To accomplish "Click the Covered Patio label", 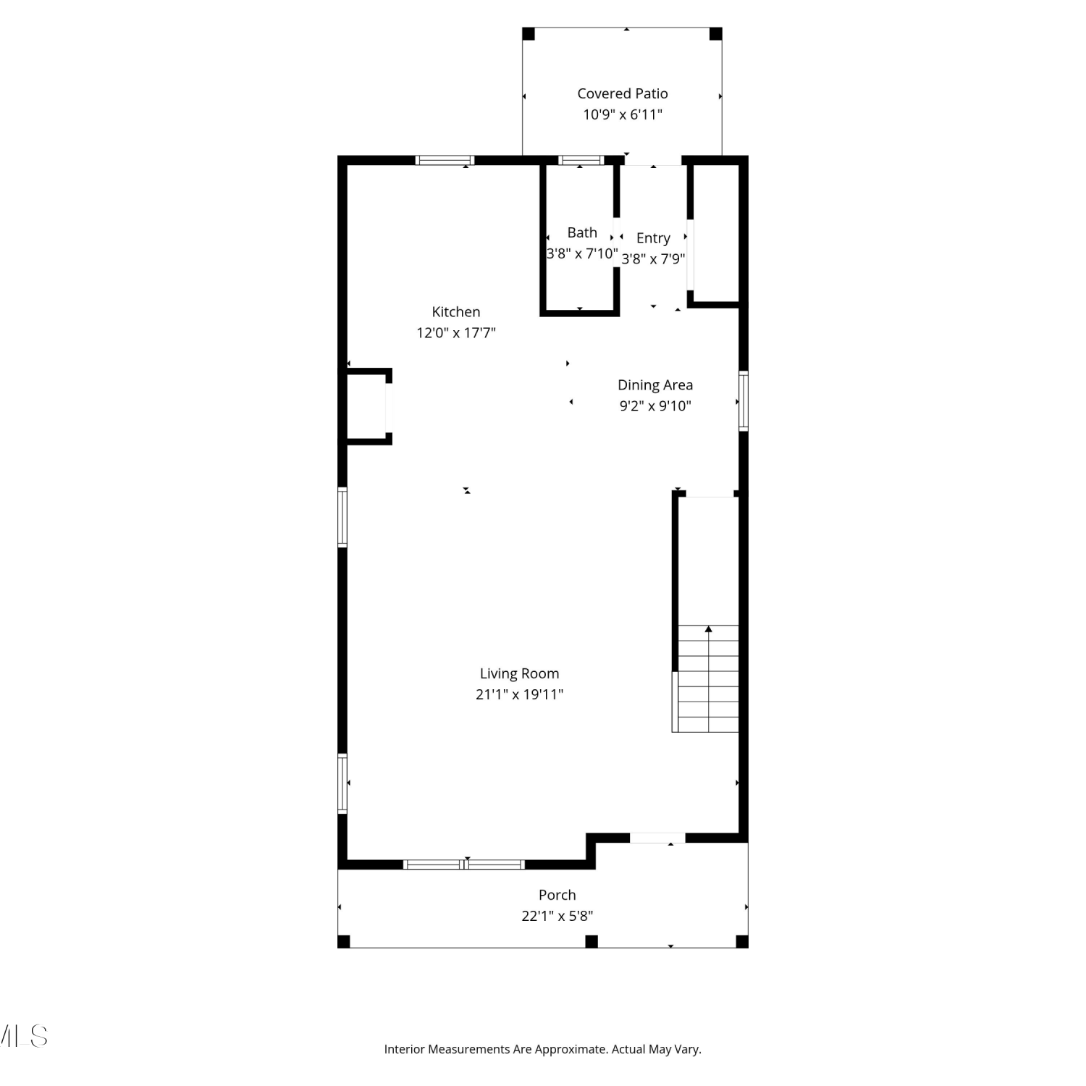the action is coord(623,93).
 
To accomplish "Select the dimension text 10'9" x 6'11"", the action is coord(623,114).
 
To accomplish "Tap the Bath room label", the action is coord(582,232).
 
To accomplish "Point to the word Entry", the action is coord(653,238).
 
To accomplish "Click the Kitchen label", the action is coord(456,312).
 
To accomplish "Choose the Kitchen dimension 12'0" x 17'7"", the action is coord(456,333).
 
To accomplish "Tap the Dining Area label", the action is coord(655,385).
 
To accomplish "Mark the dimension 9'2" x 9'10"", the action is coord(655,406).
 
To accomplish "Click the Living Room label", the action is coord(519,674).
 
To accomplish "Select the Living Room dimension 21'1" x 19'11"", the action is coord(519,694).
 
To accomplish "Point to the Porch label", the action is coord(557,895).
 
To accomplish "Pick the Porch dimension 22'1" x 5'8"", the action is coord(557,916).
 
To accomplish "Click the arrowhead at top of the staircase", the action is coord(709,629).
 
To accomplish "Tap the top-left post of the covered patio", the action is coord(529,34).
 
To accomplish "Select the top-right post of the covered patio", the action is coord(715,34).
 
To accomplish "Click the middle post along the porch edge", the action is coord(592,941).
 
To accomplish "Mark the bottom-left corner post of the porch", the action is coord(344,941).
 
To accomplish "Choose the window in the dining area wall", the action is coord(744,401).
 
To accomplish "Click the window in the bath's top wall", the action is coord(581,160).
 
